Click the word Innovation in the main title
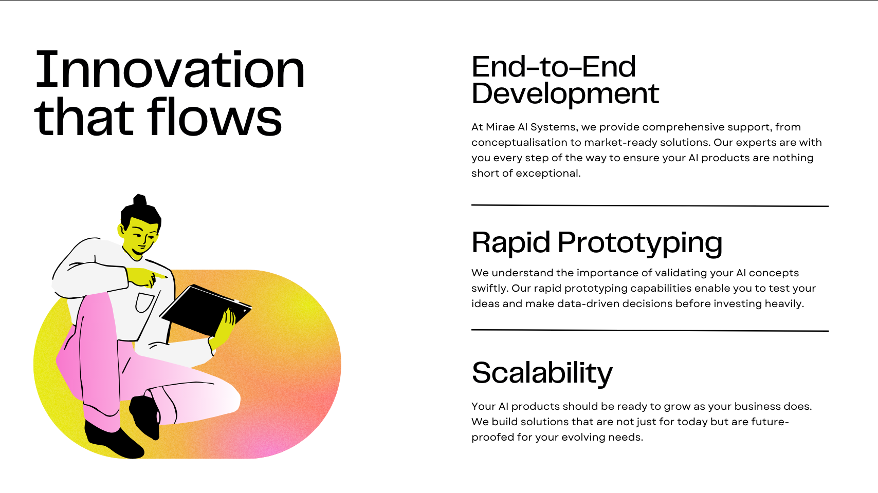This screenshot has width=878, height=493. tap(170, 69)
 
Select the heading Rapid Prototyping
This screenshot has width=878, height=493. tap(597, 243)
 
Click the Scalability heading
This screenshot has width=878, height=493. tap(542, 373)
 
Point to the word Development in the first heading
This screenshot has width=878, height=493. tap(565, 94)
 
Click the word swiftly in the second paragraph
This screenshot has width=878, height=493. tap(490, 288)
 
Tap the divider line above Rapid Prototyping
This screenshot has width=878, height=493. tap(650, 205)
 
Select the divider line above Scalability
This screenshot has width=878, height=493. tap(650, 331)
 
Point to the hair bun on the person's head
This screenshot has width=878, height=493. tap(139, 200)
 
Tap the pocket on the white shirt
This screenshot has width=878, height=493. tap(144, 302)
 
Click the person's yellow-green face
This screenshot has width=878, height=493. tap(141, 236)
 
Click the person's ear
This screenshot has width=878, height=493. tap(121, 230)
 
